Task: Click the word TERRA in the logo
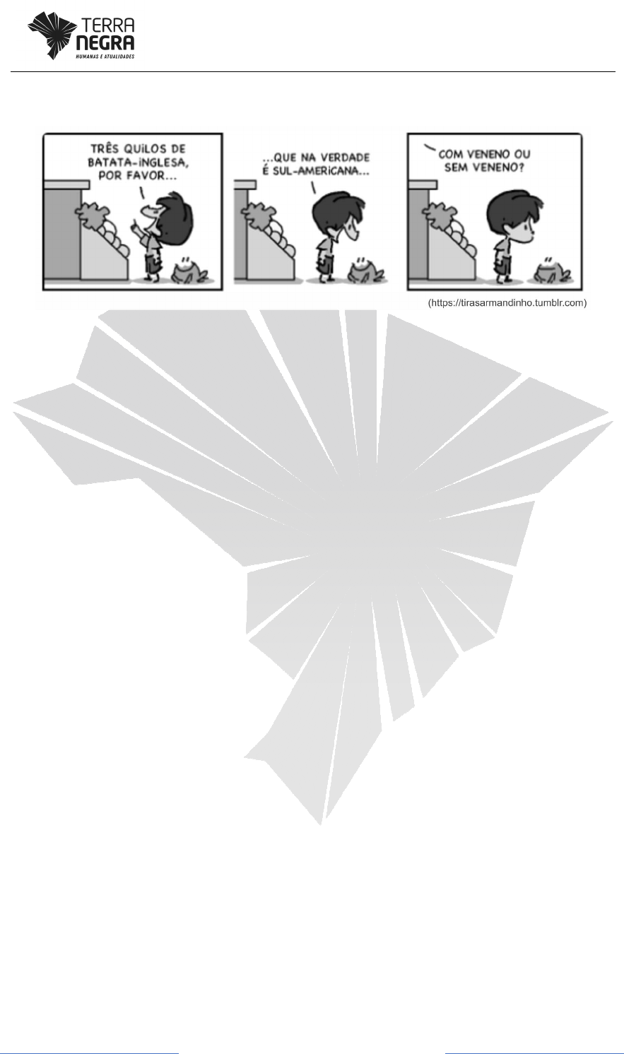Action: pyautogui.click(x=108, y=25)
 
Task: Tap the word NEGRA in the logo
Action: pyautogui.click(x=105, y=43)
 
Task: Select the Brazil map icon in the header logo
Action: pyautogui.click(x=52, y=36)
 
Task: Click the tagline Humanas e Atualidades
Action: pyautogui.click(x=105, y=57)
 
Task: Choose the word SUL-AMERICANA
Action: pyautogui.click(x=322, y=170)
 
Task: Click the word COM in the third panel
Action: pyautogui.click(x=450, y=154)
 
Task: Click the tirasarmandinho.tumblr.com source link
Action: pyautogui.click(x=507, y=302)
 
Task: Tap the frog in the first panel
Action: pyautogui.click(x=189, y=271)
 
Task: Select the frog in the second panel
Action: pyautogui.click(x=365, y=271)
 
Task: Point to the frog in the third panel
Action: pyautogui.click(x=551, y=271)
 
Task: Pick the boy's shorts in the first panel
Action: pyautogui.click(x=153, y=262)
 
